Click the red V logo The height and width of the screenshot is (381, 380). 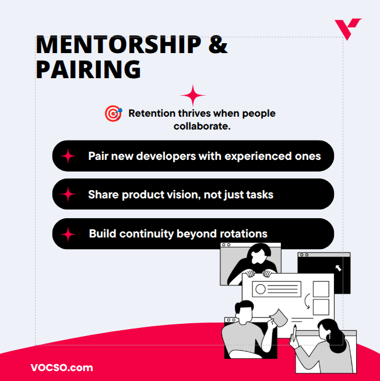[347, 28]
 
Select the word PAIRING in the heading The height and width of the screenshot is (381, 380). [88, 69]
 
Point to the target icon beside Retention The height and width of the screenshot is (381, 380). [113, 113]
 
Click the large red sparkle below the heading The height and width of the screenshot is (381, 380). [193, 96]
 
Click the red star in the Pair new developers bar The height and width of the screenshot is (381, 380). [69, 156]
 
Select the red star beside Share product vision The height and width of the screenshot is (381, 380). [69, 194]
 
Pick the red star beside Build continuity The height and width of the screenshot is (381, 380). [69, 234]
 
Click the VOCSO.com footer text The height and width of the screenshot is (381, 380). [61, 368]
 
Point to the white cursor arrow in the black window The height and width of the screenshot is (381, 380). [337, 268]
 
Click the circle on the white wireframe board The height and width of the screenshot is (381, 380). [260, 289]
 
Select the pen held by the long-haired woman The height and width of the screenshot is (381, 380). [295, 334]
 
